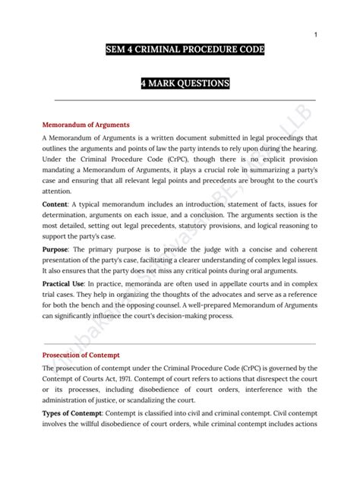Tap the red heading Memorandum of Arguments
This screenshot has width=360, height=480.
86,124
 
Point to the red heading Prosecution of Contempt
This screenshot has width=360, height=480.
82,355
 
